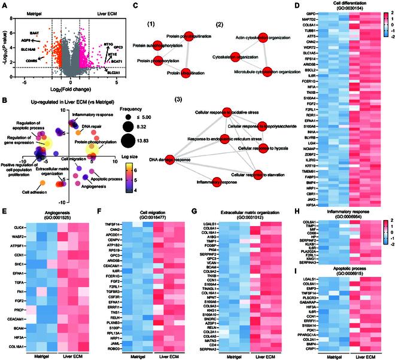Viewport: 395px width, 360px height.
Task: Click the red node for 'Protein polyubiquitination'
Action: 187,36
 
